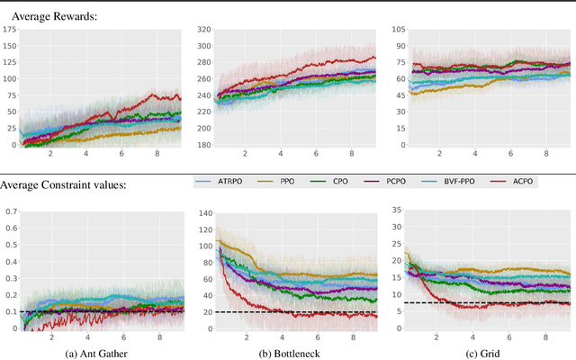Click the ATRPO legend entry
(x=228, y=181)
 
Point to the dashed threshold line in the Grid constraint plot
(x=486, y=303)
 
